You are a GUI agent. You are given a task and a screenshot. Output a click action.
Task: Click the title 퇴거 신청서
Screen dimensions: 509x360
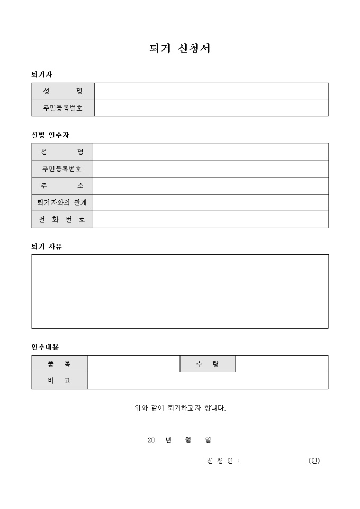click(x=180, y=49)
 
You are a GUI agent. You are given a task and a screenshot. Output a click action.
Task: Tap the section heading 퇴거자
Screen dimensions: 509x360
click(x=42, y=75)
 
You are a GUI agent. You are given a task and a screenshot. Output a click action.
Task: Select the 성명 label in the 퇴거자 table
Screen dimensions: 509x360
click(x=62, y=91)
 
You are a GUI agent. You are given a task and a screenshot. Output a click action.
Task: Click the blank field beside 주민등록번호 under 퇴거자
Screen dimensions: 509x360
click(x=211, y=108)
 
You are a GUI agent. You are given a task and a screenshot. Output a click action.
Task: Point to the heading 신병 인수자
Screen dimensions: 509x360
click(x=50, y=135)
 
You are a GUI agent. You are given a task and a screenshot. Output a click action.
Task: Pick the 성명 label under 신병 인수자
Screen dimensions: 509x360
click(x=62, y=152)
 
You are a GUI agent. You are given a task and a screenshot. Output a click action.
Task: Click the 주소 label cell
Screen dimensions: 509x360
click(x=62, y=186)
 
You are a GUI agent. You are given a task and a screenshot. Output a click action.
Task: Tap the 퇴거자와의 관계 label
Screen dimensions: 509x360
click(x=62, y=203)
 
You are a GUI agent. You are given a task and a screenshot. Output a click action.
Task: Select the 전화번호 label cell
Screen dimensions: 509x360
click(x=62, y=220)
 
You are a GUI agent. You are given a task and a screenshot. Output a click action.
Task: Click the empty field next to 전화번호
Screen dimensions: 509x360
click(x=211, y=220)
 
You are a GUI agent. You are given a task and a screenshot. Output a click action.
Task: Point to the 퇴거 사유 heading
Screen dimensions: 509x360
click(x=47, y=247)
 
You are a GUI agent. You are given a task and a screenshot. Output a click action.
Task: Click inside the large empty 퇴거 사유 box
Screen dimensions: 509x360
click(x=180, y=292)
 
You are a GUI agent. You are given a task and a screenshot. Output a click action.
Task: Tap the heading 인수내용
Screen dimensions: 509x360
click(x=45, y=347)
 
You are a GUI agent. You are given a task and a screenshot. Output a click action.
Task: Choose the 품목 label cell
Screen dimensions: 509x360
click(x=59, y=364)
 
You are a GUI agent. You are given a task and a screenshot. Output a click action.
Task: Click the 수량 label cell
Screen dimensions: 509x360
click(x=208, y=364)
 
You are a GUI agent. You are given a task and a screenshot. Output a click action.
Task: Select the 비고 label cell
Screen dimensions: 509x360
click(x=59, y=381)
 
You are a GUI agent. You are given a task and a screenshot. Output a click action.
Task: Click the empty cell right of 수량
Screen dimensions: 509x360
click(x=282, y=364)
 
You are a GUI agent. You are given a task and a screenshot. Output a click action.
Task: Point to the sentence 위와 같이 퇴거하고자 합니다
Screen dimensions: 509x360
click(x=180, y=408)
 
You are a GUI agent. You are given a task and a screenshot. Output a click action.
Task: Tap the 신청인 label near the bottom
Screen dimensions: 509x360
click(x=223, y=461)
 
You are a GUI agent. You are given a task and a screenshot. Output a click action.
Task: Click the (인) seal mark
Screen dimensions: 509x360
click(x=314, y=461)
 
